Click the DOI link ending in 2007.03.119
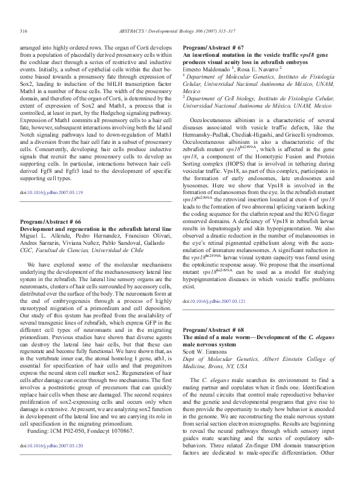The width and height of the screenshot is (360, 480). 51,192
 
